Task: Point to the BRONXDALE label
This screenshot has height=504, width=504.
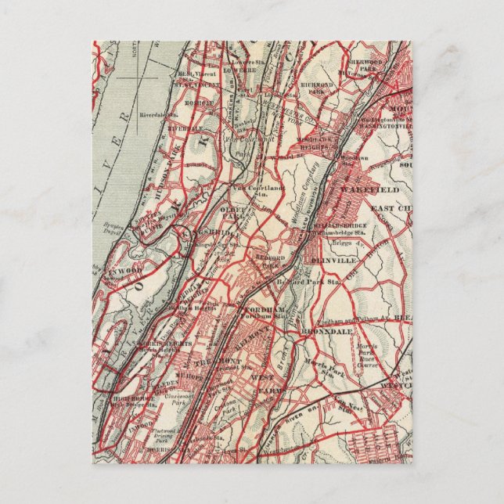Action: [321, 331]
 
